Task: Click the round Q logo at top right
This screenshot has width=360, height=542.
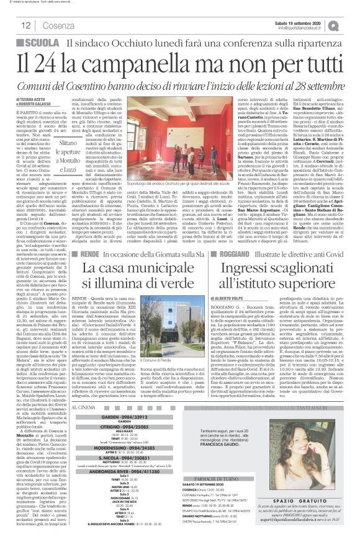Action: [x=351, y=24]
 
